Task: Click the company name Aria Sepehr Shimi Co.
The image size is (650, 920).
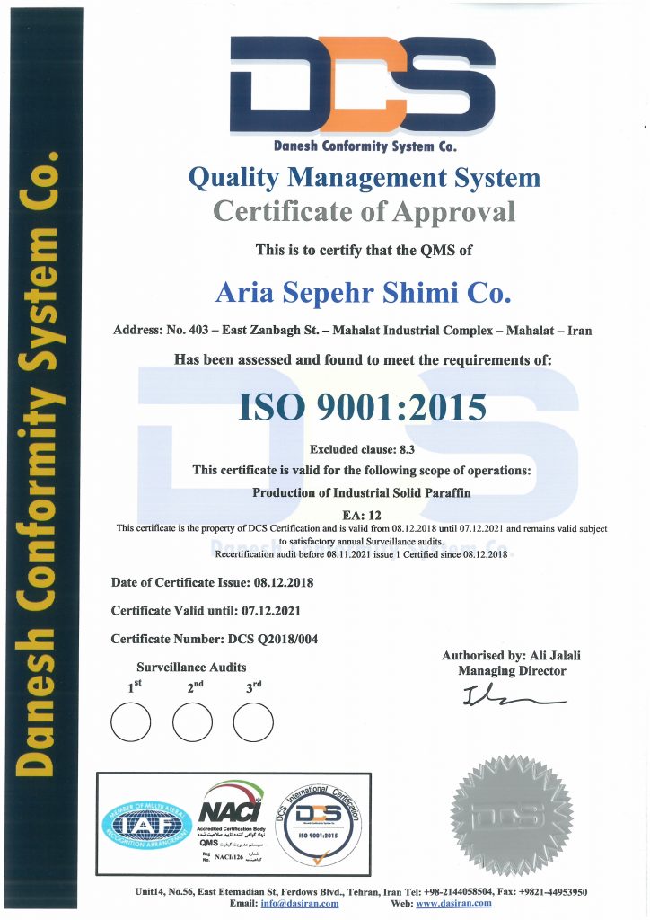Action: [x=363, y=293]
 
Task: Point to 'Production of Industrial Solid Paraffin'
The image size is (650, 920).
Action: [x=362, y=492]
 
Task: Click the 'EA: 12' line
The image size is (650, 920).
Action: [x=362, y=514]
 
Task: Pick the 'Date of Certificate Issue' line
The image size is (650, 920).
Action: [x=212, y=582]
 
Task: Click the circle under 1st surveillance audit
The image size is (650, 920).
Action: [x=130, y=721]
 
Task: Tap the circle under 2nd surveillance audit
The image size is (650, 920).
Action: [x=191, y=721]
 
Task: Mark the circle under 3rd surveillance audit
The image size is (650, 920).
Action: [x=252, y=721]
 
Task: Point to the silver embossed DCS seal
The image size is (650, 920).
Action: [x=511, y=816]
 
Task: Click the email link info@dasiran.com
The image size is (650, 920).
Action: [x=300, y=904]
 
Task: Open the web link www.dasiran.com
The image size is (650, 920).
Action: [x=452, y=904]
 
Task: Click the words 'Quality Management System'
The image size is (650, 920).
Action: [x=364, y=178]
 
